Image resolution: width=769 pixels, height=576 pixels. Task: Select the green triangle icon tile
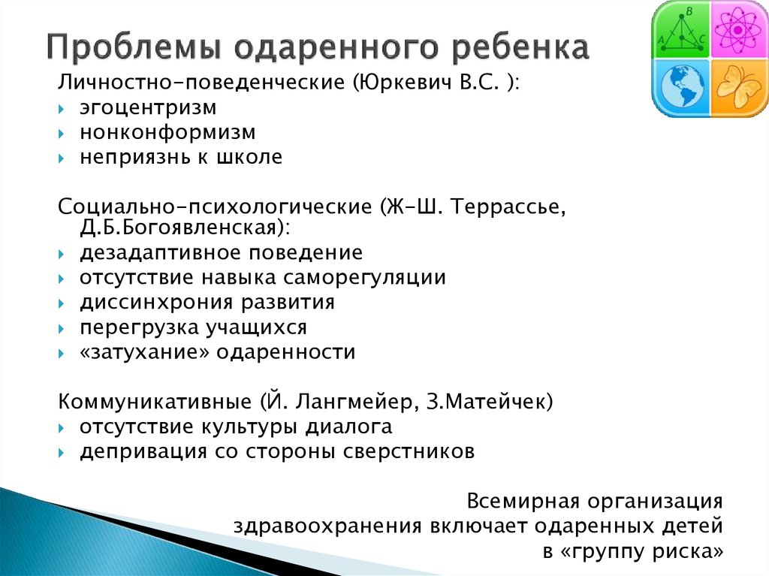pos(681,30)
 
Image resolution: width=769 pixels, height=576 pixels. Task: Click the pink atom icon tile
pos(739,30)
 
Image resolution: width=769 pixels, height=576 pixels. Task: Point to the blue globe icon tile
pos(681,89)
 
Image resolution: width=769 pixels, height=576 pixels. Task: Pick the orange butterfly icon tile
pos(739,89)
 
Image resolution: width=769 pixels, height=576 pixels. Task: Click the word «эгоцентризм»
pos(148,108)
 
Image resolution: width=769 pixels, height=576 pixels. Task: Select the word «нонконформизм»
pos(167,132)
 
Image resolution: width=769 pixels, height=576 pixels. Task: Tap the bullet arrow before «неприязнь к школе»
pos(62,158)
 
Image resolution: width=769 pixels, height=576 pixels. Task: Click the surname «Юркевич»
pos(404,83)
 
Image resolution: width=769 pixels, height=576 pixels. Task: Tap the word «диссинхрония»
pos(156,303)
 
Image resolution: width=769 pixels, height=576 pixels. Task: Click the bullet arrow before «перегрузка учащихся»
pos(62,328)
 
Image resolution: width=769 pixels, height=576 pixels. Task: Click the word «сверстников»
pos(409,451)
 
